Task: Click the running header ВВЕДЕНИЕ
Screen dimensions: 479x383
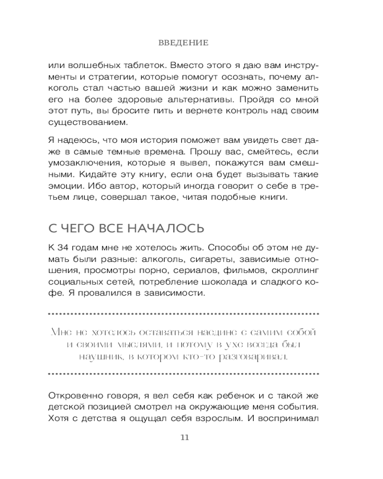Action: click(183, 43)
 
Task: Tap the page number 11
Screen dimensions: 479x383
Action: click(184, 437)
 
